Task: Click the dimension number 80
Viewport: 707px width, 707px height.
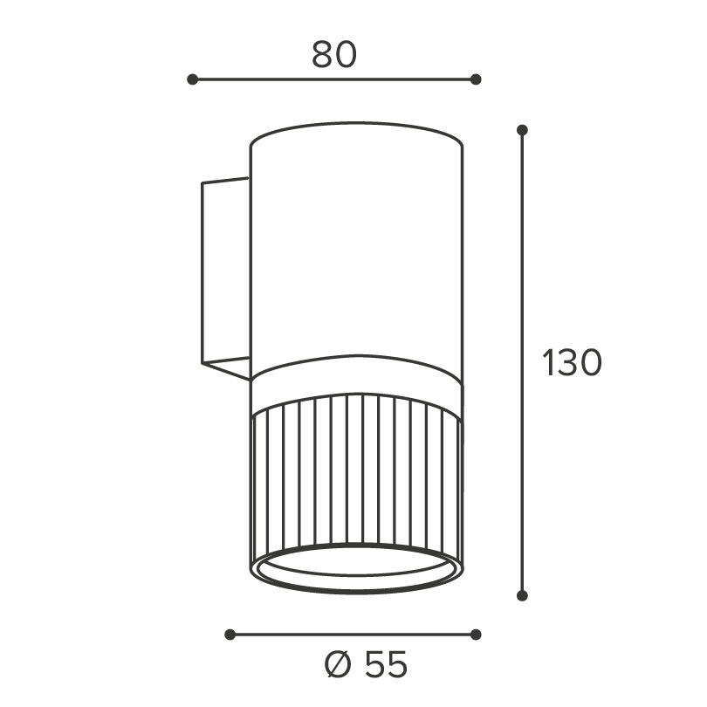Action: [334, 55]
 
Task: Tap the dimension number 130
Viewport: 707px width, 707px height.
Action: [572, 362]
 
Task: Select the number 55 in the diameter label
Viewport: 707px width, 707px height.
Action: [386, 664]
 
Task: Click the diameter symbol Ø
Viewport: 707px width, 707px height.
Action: [338, 664]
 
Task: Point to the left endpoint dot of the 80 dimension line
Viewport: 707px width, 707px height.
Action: [193, 79]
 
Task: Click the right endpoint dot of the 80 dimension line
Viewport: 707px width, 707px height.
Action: [476, 79]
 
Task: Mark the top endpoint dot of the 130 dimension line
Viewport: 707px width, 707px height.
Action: [522, 130]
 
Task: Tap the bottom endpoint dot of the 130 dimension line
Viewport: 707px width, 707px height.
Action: [522, 595]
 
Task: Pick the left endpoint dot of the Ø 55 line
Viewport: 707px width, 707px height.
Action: [230, 635]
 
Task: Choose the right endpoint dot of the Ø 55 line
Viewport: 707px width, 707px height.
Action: [476, 635]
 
